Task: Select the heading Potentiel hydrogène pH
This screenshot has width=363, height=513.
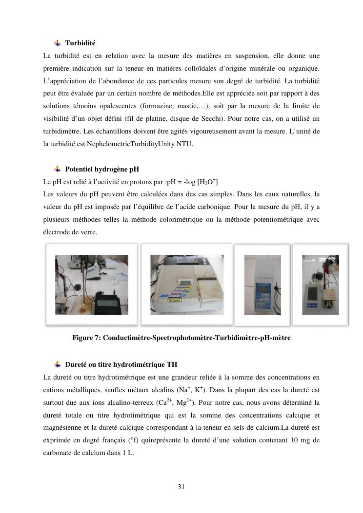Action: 102,170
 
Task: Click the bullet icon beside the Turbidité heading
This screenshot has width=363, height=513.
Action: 58,43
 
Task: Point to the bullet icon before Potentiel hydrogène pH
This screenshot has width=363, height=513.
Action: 58,170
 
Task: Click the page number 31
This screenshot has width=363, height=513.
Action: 181,487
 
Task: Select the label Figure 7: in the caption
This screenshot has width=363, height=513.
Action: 86,338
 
